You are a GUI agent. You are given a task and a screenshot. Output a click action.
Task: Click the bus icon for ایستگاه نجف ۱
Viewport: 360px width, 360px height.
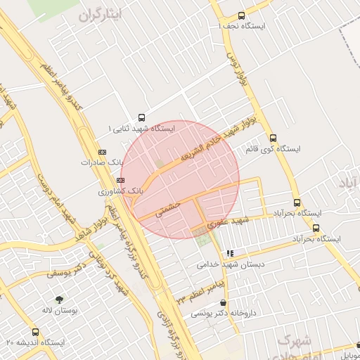tap(242, 15)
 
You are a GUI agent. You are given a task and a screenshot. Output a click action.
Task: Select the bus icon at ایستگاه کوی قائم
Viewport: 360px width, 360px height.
tap(274, 138)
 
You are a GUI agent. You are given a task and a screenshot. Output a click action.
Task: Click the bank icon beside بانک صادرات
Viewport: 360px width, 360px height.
tap(103, 151)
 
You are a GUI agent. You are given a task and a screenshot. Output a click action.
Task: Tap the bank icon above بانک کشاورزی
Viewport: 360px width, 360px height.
tap(120, 180)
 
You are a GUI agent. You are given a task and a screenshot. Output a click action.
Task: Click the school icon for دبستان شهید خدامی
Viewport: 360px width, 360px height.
tap(230, 253)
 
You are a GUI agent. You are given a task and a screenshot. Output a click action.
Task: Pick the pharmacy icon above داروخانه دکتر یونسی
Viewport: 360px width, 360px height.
tap(223, 302)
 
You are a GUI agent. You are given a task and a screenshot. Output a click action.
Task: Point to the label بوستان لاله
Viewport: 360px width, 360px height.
tap(58, 310)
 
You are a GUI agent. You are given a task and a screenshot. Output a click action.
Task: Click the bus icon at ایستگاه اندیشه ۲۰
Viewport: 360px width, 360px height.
tap(35, 332)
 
